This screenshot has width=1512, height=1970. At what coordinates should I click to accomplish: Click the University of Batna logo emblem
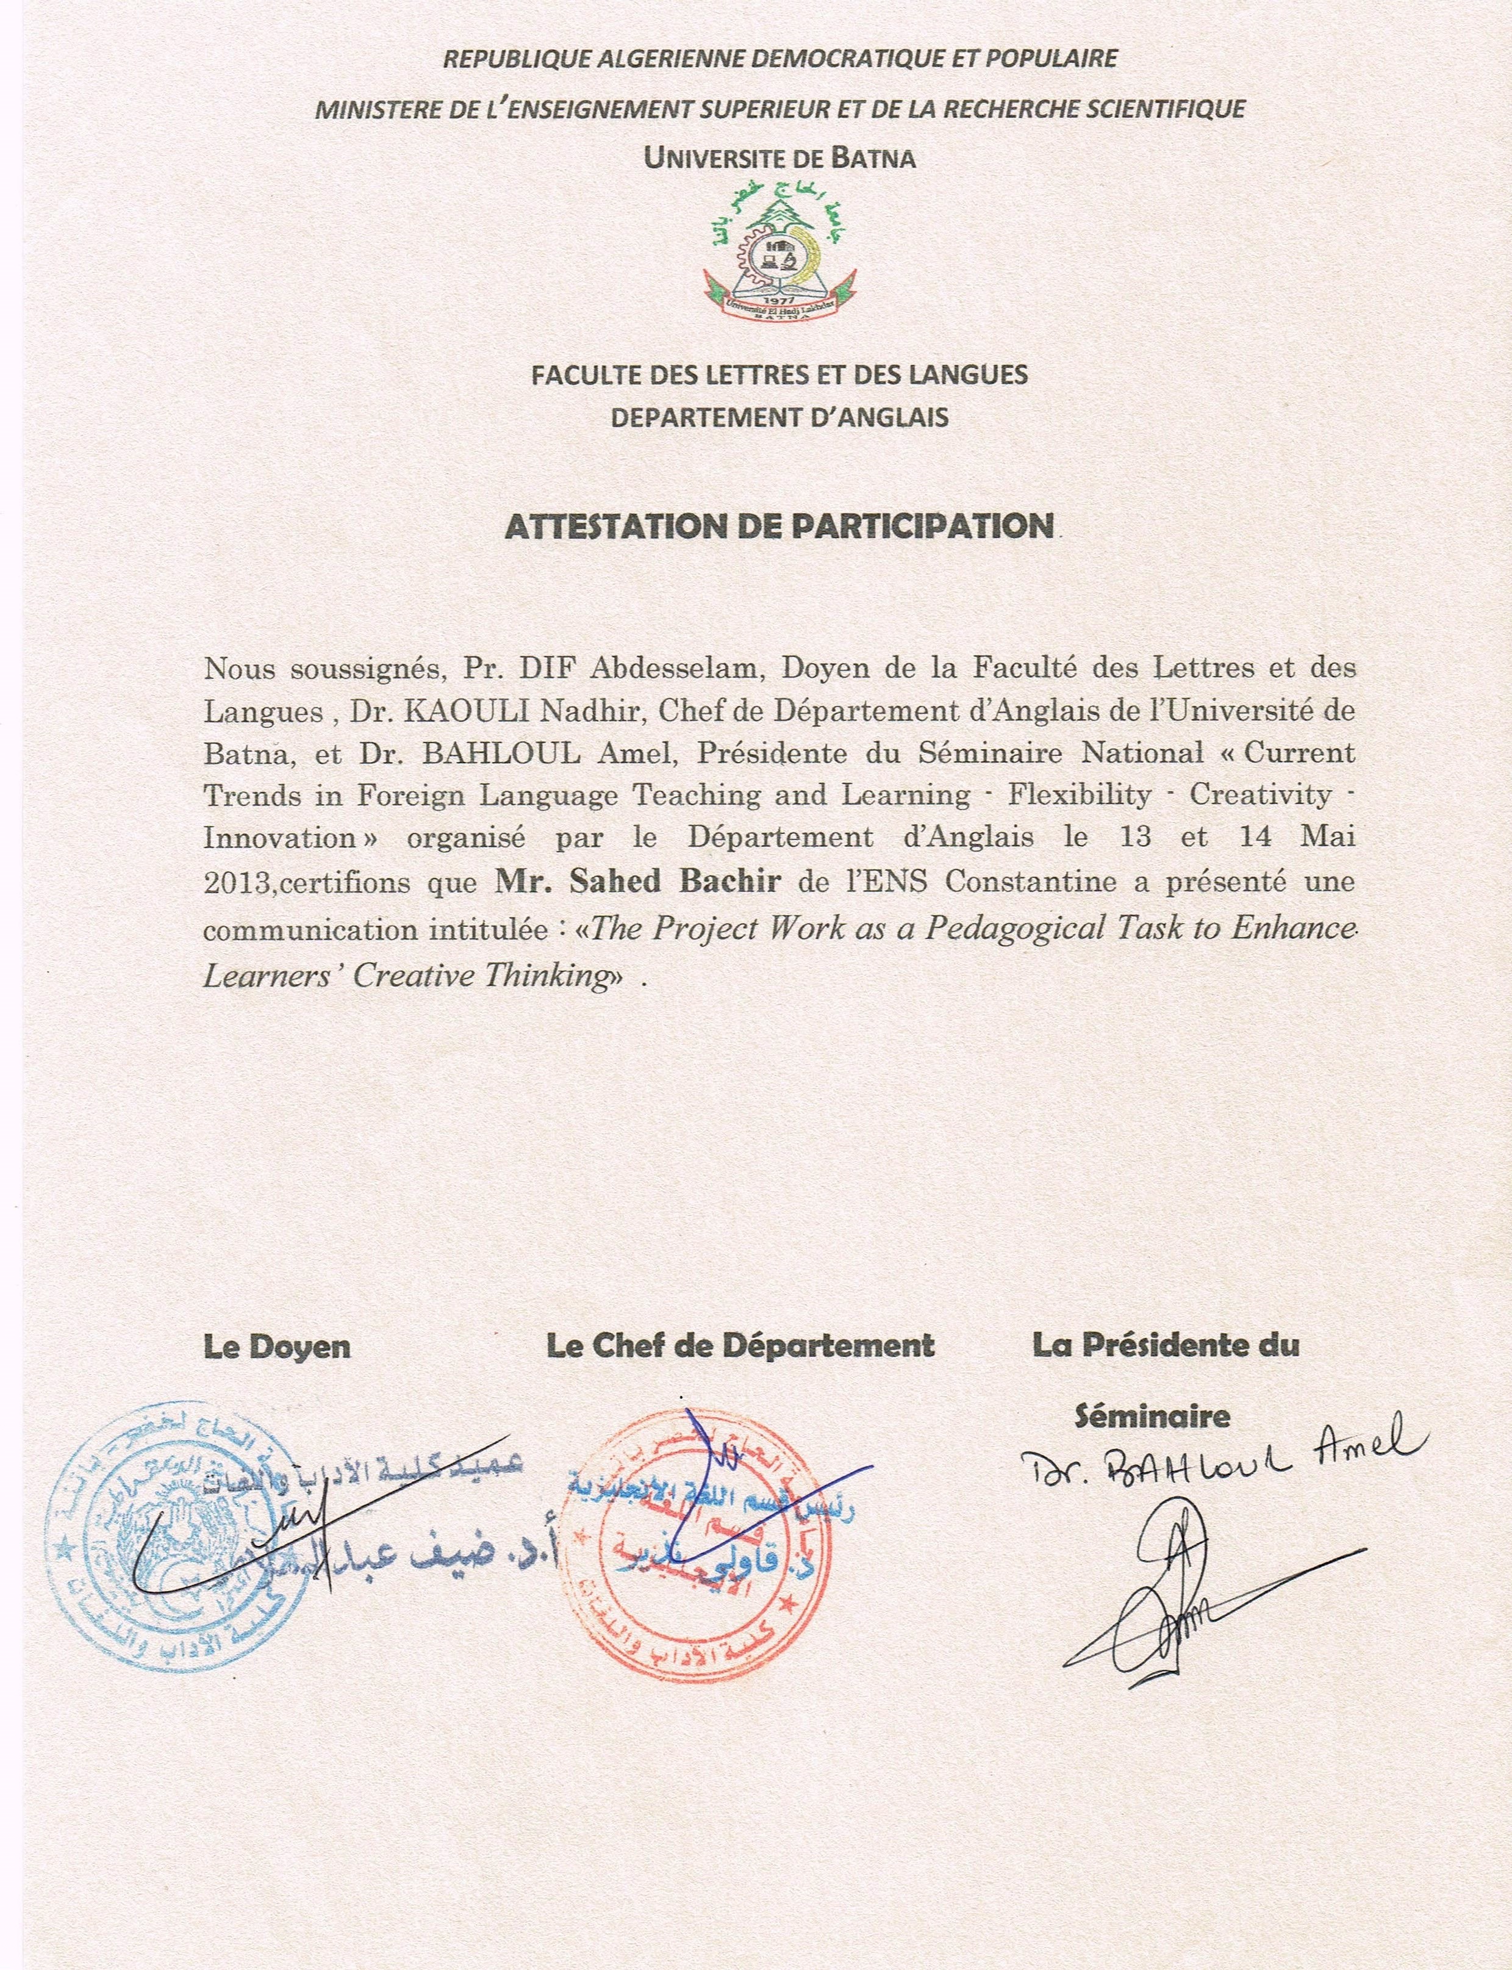tap(779, 248)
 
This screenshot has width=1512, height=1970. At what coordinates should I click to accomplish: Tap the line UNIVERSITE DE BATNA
tap(779, 159)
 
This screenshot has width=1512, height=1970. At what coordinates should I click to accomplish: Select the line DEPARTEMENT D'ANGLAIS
tap(779, 417)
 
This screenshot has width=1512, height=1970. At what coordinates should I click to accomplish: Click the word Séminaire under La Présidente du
tap(1153, 1416)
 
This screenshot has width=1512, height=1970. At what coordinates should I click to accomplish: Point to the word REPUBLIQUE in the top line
tap(517, 59)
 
